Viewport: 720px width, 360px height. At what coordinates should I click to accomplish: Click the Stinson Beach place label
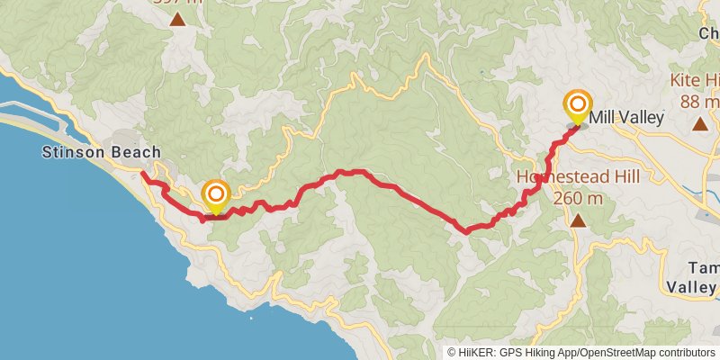point(101,153)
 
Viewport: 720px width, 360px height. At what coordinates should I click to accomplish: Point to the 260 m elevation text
point(579,196)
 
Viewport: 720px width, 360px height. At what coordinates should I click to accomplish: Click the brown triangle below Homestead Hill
point(579,220)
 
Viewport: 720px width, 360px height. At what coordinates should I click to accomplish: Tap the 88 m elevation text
point(698,101)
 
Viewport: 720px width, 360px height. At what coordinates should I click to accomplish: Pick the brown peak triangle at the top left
point(179,19)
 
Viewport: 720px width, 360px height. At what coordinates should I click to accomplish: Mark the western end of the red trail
point(143,174)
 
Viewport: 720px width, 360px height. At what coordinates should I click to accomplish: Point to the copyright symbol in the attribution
point(452,353)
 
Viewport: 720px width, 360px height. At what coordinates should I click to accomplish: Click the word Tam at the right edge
point(702,268)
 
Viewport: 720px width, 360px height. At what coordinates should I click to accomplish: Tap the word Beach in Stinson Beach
point(139,153)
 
